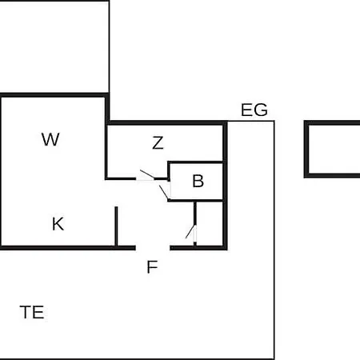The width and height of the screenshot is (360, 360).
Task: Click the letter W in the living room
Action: coord(50,139)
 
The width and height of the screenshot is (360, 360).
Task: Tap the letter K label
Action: coord(58,224)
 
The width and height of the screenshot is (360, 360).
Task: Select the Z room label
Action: coord(158,142)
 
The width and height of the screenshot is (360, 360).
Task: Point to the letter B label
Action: coord(198,181)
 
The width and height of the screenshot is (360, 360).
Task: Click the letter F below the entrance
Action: coord(152,266)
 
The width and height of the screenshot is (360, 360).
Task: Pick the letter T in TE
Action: coord(26,312)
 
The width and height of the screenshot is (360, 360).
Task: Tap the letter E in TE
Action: coord(38,312)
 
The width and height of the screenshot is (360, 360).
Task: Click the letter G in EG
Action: coord(261,110)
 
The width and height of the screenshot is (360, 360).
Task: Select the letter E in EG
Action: coord(246,110)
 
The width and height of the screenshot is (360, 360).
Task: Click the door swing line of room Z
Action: coord(147,174)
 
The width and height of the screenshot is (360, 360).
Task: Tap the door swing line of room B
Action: coord(164,193)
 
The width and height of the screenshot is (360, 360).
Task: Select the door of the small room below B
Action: coord(190,232)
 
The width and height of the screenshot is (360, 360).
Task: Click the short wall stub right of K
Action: coord(116,226)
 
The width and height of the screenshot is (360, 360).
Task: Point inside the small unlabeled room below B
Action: coord(210,224)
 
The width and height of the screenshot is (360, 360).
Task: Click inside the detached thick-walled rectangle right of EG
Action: coord(334,150)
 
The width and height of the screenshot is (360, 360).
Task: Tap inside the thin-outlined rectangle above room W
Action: coord(54,46)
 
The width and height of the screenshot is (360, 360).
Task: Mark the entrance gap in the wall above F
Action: coord(153,248)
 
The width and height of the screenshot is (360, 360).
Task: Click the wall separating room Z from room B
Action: coord(196,162)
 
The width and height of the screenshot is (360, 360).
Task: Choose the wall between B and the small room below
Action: coord(196,200)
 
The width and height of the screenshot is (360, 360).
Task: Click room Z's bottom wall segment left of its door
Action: coord(121,178)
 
